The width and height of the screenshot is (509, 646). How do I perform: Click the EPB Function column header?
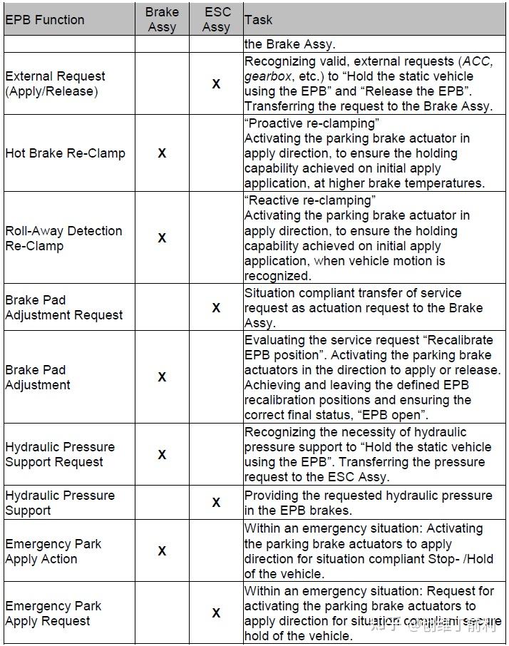coord(45,19)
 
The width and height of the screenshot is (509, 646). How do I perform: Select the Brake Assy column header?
coord(162,19)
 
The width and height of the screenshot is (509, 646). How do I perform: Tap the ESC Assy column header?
coord(216,19)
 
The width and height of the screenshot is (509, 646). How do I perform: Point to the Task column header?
coord(258,19)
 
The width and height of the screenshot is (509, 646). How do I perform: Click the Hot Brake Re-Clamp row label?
coord(65,153)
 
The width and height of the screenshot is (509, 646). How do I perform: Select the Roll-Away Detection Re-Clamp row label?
coord(63,238)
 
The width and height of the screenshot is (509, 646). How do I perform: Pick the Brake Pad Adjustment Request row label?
coord(64,307)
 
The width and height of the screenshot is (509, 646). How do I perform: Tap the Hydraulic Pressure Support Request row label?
coord(60,454)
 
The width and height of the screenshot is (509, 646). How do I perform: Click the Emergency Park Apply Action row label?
coord(53,551)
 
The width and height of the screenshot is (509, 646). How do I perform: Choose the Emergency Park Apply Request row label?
coord(53,613)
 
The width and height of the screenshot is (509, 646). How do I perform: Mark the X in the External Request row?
coord(216,84)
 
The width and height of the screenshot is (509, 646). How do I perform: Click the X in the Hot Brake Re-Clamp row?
coord(162,153)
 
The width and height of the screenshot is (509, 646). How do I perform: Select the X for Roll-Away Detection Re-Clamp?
coord(162,238)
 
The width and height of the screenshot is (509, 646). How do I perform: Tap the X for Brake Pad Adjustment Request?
coord(216,308)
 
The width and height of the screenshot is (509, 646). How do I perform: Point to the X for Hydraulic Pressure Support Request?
coord(162,454)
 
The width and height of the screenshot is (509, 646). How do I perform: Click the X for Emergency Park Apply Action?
coord(162,551)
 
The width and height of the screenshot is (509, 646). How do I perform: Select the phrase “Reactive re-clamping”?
coord(308,200)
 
